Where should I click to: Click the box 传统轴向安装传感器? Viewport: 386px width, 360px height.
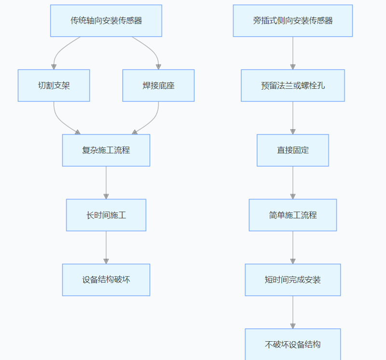click(x=106, y=21)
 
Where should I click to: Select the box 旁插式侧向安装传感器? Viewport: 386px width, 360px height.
click(x=293, y=21)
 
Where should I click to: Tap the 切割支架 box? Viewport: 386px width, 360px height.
click(x=54, y=85)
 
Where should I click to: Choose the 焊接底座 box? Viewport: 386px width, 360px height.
click(x=158, y=85)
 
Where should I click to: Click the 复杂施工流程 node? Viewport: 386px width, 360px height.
click(x=106, y=150)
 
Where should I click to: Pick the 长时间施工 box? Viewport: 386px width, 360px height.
click(x=106, y=215)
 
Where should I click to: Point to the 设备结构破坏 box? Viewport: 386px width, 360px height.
click(x=106, y=280)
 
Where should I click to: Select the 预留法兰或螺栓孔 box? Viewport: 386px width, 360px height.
click(x=293, y=85)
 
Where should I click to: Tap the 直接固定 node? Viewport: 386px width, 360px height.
click(x=293, y=150)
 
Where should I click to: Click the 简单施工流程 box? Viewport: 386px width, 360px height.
click(x=293, y=215)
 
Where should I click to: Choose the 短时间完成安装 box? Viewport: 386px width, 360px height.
click(x=293, y=280)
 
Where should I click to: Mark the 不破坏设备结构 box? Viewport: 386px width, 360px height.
click(x=293, y=344)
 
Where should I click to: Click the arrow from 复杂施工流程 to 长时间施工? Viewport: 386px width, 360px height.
click(x=106, y=183)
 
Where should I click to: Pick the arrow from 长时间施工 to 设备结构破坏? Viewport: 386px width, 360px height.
click(x=106, y=247)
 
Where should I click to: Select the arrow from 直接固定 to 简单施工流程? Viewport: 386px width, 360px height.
click(x=293, y=183)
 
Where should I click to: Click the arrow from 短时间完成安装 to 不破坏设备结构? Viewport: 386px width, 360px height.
click(x=293, y=312)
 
